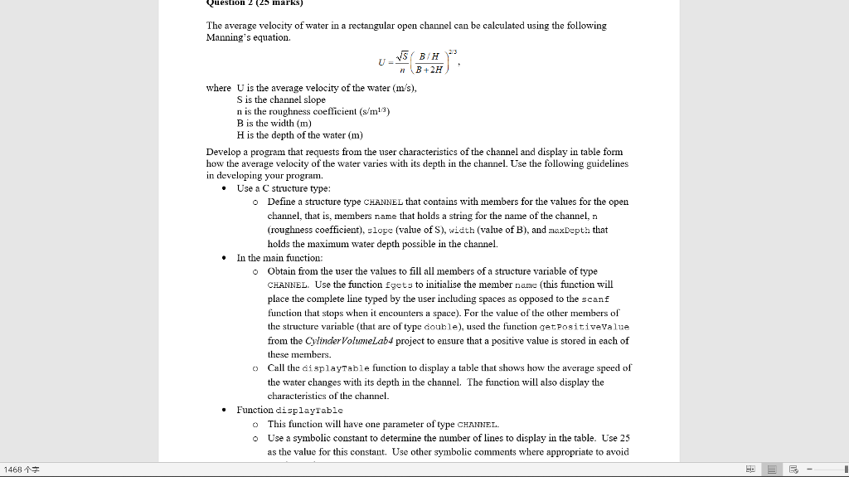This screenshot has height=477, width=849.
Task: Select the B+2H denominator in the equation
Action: click(432, 70)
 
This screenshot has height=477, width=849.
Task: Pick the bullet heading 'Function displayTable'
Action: click(289, 410)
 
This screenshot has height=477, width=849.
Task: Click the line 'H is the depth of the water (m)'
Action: click(300, 134)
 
